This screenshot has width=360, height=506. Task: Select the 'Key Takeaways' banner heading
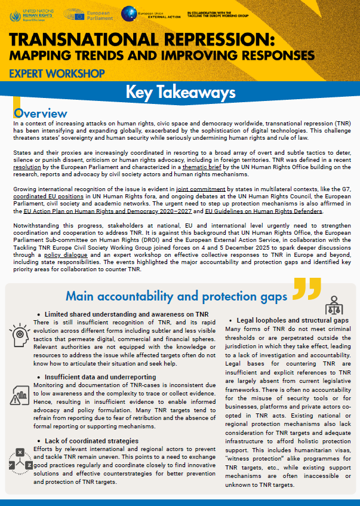click(180, 93)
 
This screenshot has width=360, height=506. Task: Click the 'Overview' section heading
click(40, 114)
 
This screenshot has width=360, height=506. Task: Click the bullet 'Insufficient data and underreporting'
click(98, 377)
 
